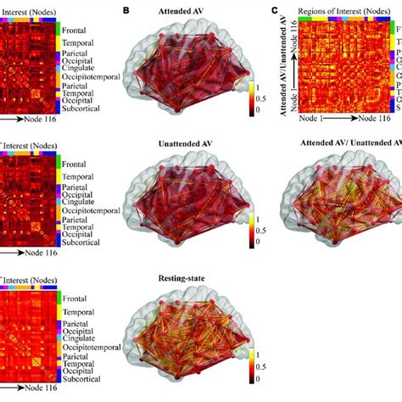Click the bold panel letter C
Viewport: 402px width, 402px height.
click(x=273, y=11)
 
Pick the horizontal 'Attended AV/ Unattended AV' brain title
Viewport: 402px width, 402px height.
click(x=343, y=145)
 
